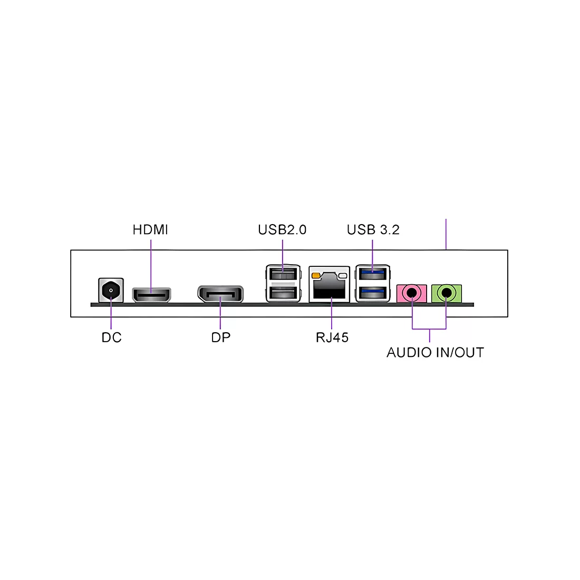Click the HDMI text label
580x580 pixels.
pos(150,230)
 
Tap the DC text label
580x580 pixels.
pos(111,337)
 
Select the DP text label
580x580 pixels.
pos(221,337)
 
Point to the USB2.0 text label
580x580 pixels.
pos(282,230)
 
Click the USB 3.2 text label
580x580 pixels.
pos(373,230)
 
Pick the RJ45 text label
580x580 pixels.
pos(332,337)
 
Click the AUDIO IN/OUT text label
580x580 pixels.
pos(436,353)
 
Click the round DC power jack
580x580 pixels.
pos(111,290)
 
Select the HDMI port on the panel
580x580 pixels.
pos(152,294)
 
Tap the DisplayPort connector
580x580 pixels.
pos(220,294)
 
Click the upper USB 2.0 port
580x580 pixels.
pos(283,274)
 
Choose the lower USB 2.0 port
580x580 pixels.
pos(283,293)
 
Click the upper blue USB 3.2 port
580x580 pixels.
pos(373,274)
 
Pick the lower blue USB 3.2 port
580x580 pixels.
pos(373,293)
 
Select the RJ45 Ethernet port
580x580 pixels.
pos(329,284)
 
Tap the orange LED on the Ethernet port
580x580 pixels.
pos(316,276)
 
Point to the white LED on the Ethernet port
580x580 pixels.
pos(343,276)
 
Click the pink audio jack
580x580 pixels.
pos(412,293)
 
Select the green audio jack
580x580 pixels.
pos(447,293)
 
